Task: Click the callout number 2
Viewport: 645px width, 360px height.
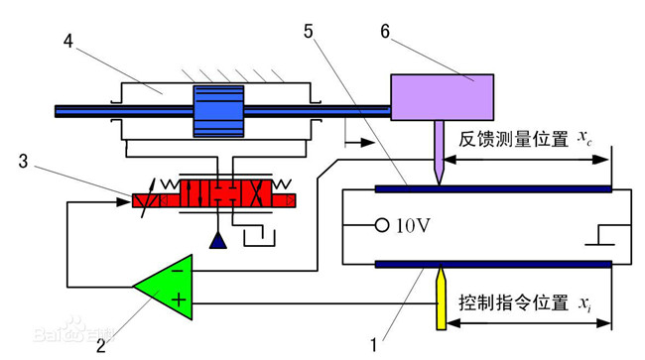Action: coord(101,346)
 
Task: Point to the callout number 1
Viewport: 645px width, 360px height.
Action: coord(373,346)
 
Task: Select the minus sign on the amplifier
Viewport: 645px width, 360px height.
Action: coord(177,268)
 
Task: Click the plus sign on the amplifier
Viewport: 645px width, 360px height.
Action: coord(179,298)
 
